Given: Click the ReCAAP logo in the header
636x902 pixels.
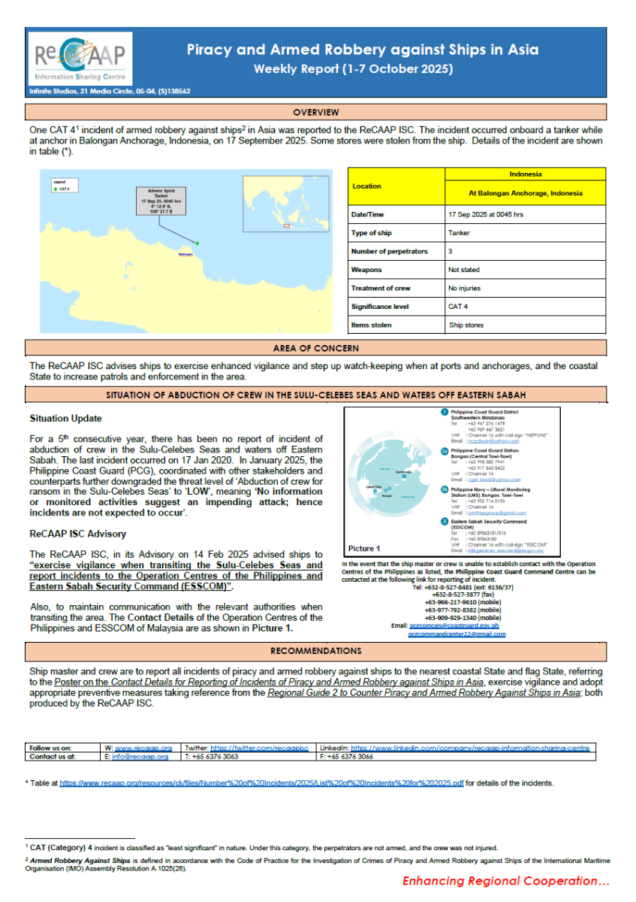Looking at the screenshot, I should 79,59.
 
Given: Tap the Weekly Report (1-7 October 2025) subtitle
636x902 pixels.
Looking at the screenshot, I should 353,69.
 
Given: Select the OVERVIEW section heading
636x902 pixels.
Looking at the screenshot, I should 316,112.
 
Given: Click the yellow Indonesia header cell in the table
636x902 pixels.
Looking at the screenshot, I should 525,174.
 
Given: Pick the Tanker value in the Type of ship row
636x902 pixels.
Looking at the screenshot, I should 459,233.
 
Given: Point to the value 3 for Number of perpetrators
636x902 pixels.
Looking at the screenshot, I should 450,251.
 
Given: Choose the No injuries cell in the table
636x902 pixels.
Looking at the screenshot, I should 465,288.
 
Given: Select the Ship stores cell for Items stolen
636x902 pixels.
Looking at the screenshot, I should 466,325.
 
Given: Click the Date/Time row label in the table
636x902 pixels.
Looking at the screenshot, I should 367,214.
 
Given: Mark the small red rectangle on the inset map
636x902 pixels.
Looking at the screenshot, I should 285,225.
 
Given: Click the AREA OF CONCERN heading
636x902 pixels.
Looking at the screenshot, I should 315,348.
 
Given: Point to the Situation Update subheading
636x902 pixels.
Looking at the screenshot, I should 65,418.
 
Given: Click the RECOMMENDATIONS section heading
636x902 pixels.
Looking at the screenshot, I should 315,650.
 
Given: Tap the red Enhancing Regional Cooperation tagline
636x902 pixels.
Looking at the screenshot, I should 505,881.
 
